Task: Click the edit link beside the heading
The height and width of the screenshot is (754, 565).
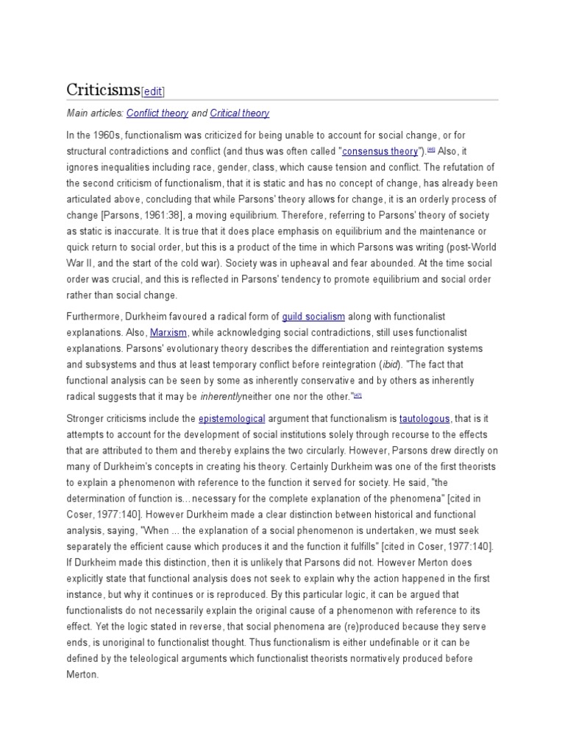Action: click(x=152, y=91)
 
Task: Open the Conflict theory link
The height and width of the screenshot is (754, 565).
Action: click(x=157, y=113)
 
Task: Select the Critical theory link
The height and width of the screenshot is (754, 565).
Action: click(x=239, y=113)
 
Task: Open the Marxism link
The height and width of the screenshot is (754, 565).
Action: click(x=168, y=332)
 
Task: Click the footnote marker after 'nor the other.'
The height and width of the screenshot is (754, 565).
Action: click(x=358, y=395)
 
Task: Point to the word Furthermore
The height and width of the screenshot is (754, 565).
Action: click(x=93, y=317)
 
